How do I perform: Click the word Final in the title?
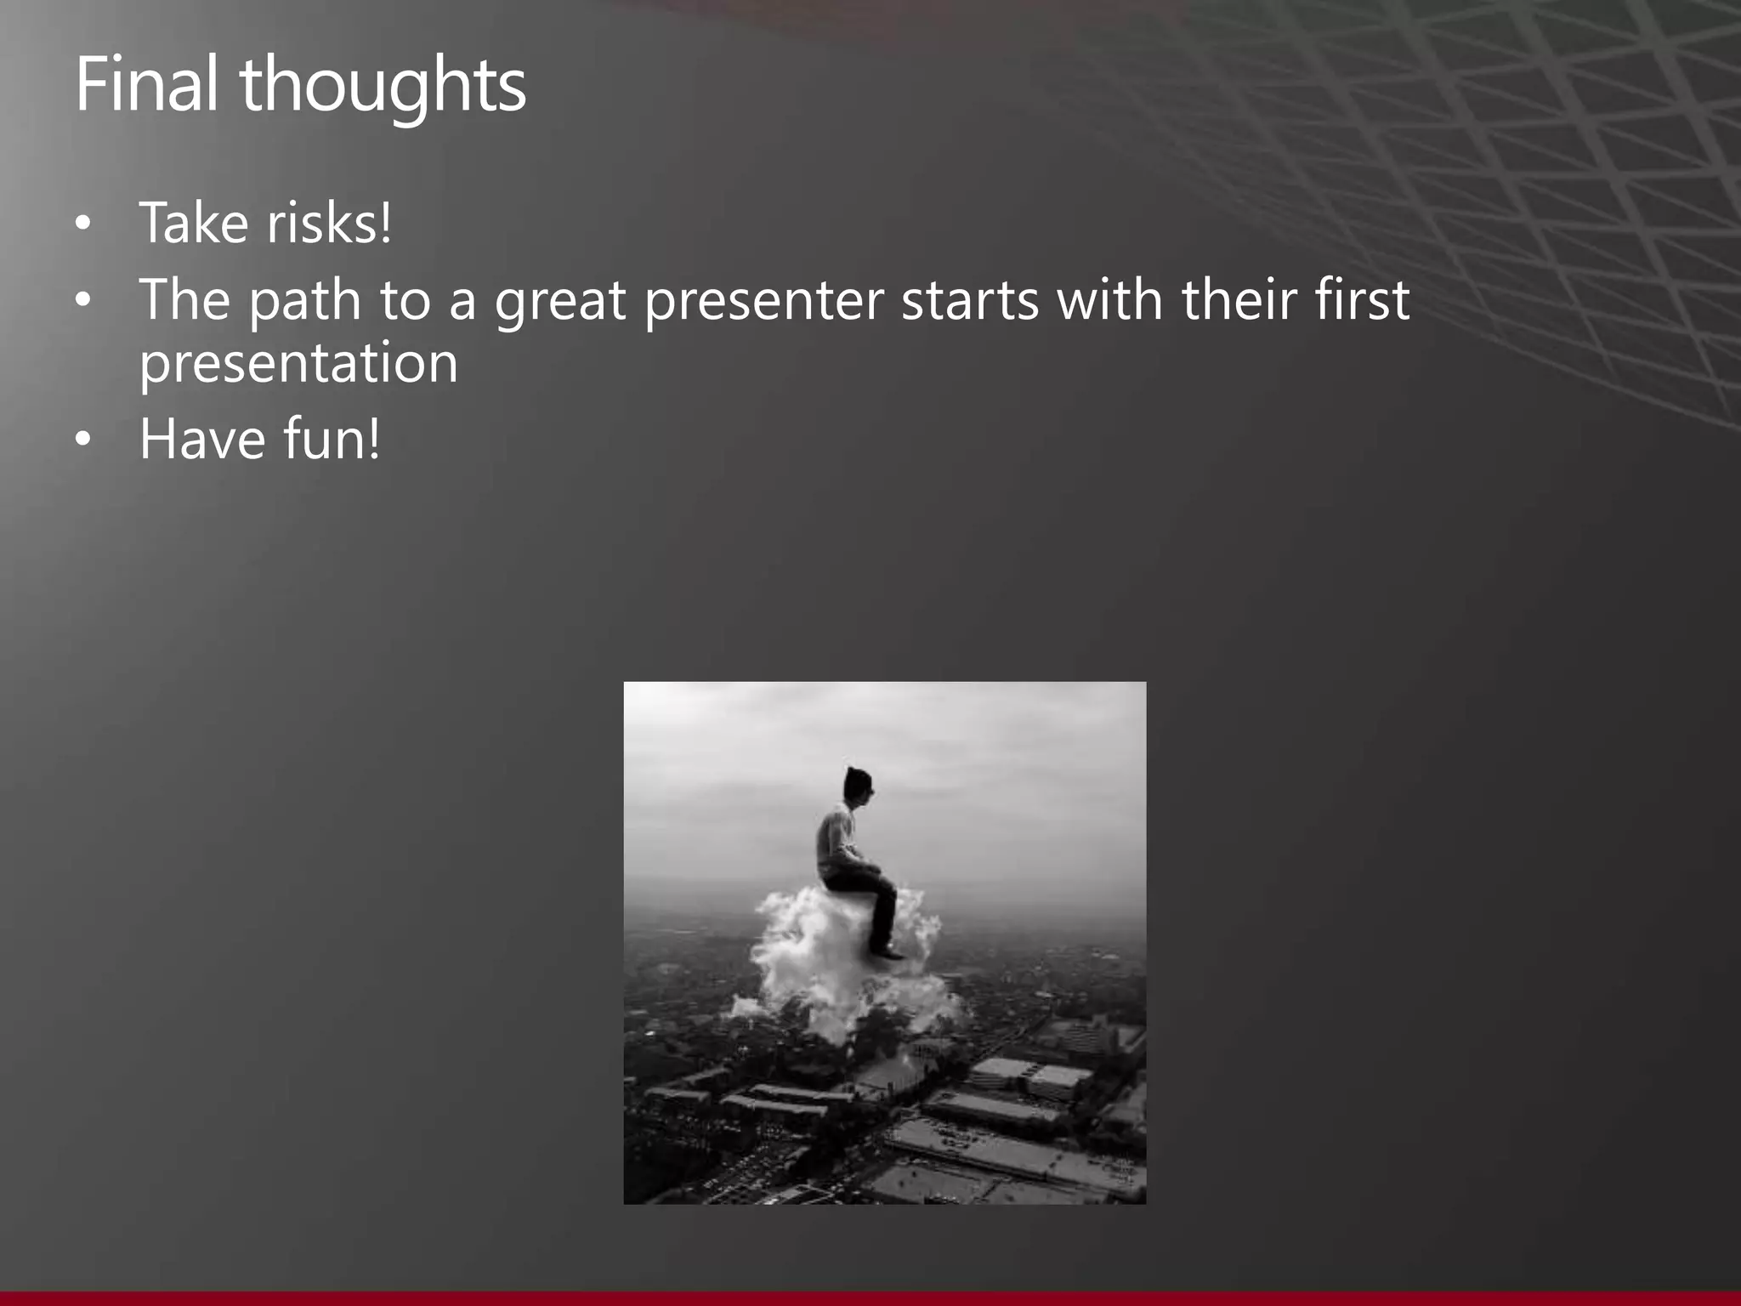point(145,84)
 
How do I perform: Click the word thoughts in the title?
point(383,87)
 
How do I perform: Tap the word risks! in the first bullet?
point(329,223)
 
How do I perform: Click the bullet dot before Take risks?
point(82,224)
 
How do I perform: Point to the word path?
point(304,301)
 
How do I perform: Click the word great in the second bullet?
point(560,301)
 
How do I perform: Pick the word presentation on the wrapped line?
point(298,364)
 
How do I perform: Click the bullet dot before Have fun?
point(82,440)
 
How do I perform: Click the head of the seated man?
point(859,785)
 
